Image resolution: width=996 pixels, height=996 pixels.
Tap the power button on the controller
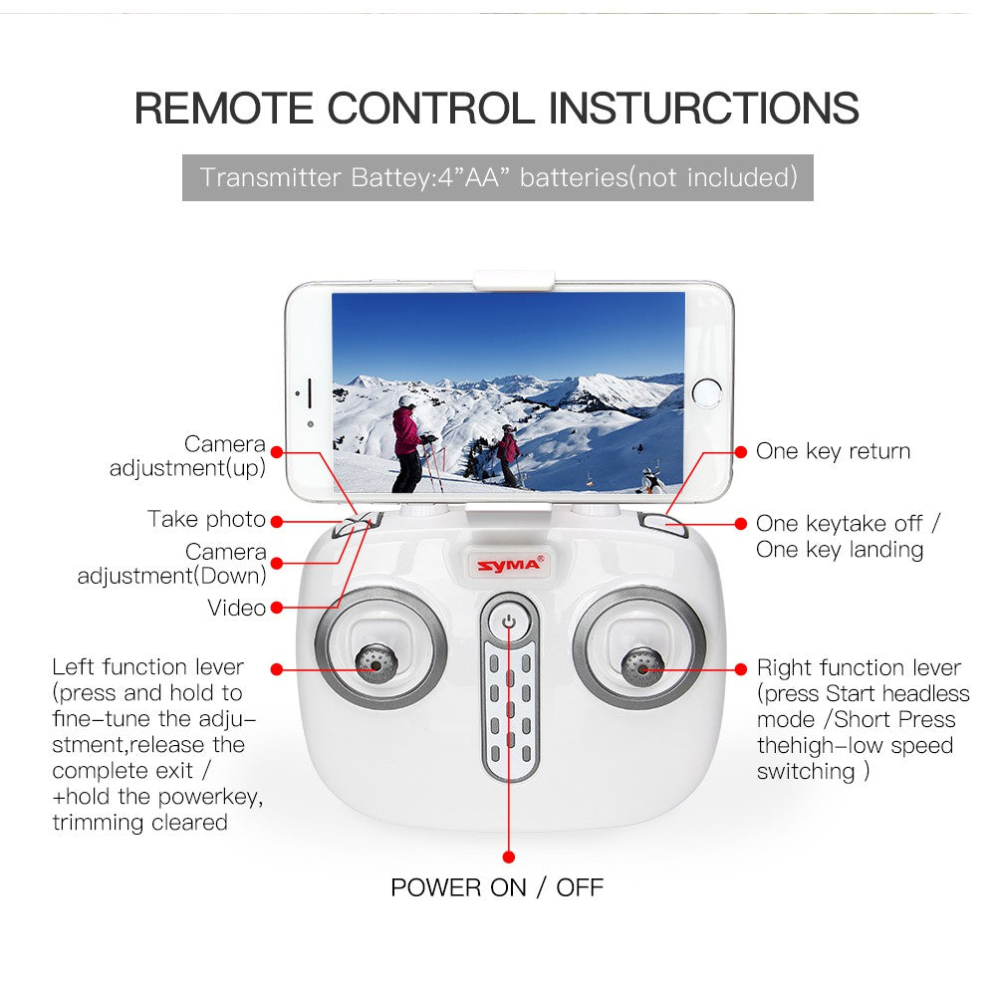click(509, 622)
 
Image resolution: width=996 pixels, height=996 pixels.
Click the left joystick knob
click(376, 663)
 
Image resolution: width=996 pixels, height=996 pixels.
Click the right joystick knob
click(642, 667)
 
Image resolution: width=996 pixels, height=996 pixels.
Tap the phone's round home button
click(706, 392)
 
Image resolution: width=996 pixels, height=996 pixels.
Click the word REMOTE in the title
click(223, 108)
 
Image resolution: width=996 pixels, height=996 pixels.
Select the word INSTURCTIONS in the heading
click(703, 108)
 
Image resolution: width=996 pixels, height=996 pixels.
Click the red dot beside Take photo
click(276, 522)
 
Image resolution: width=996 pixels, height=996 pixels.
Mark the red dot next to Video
click(276, 608)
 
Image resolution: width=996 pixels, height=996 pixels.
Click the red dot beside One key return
click(741, 451)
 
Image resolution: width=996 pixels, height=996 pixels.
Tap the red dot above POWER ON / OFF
click(508, 857)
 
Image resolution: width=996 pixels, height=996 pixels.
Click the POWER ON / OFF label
click(497, 887)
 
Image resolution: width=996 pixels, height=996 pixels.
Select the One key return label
click(833, 451)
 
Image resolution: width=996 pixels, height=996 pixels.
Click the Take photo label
click(206, 520)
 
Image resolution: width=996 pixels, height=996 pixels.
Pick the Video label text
click(236, 608)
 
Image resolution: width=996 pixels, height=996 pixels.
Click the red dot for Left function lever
click(276, 669)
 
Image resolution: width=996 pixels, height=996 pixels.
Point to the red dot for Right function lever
click(741, 669)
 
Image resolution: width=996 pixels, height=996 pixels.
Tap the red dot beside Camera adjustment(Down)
click(276, 564)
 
